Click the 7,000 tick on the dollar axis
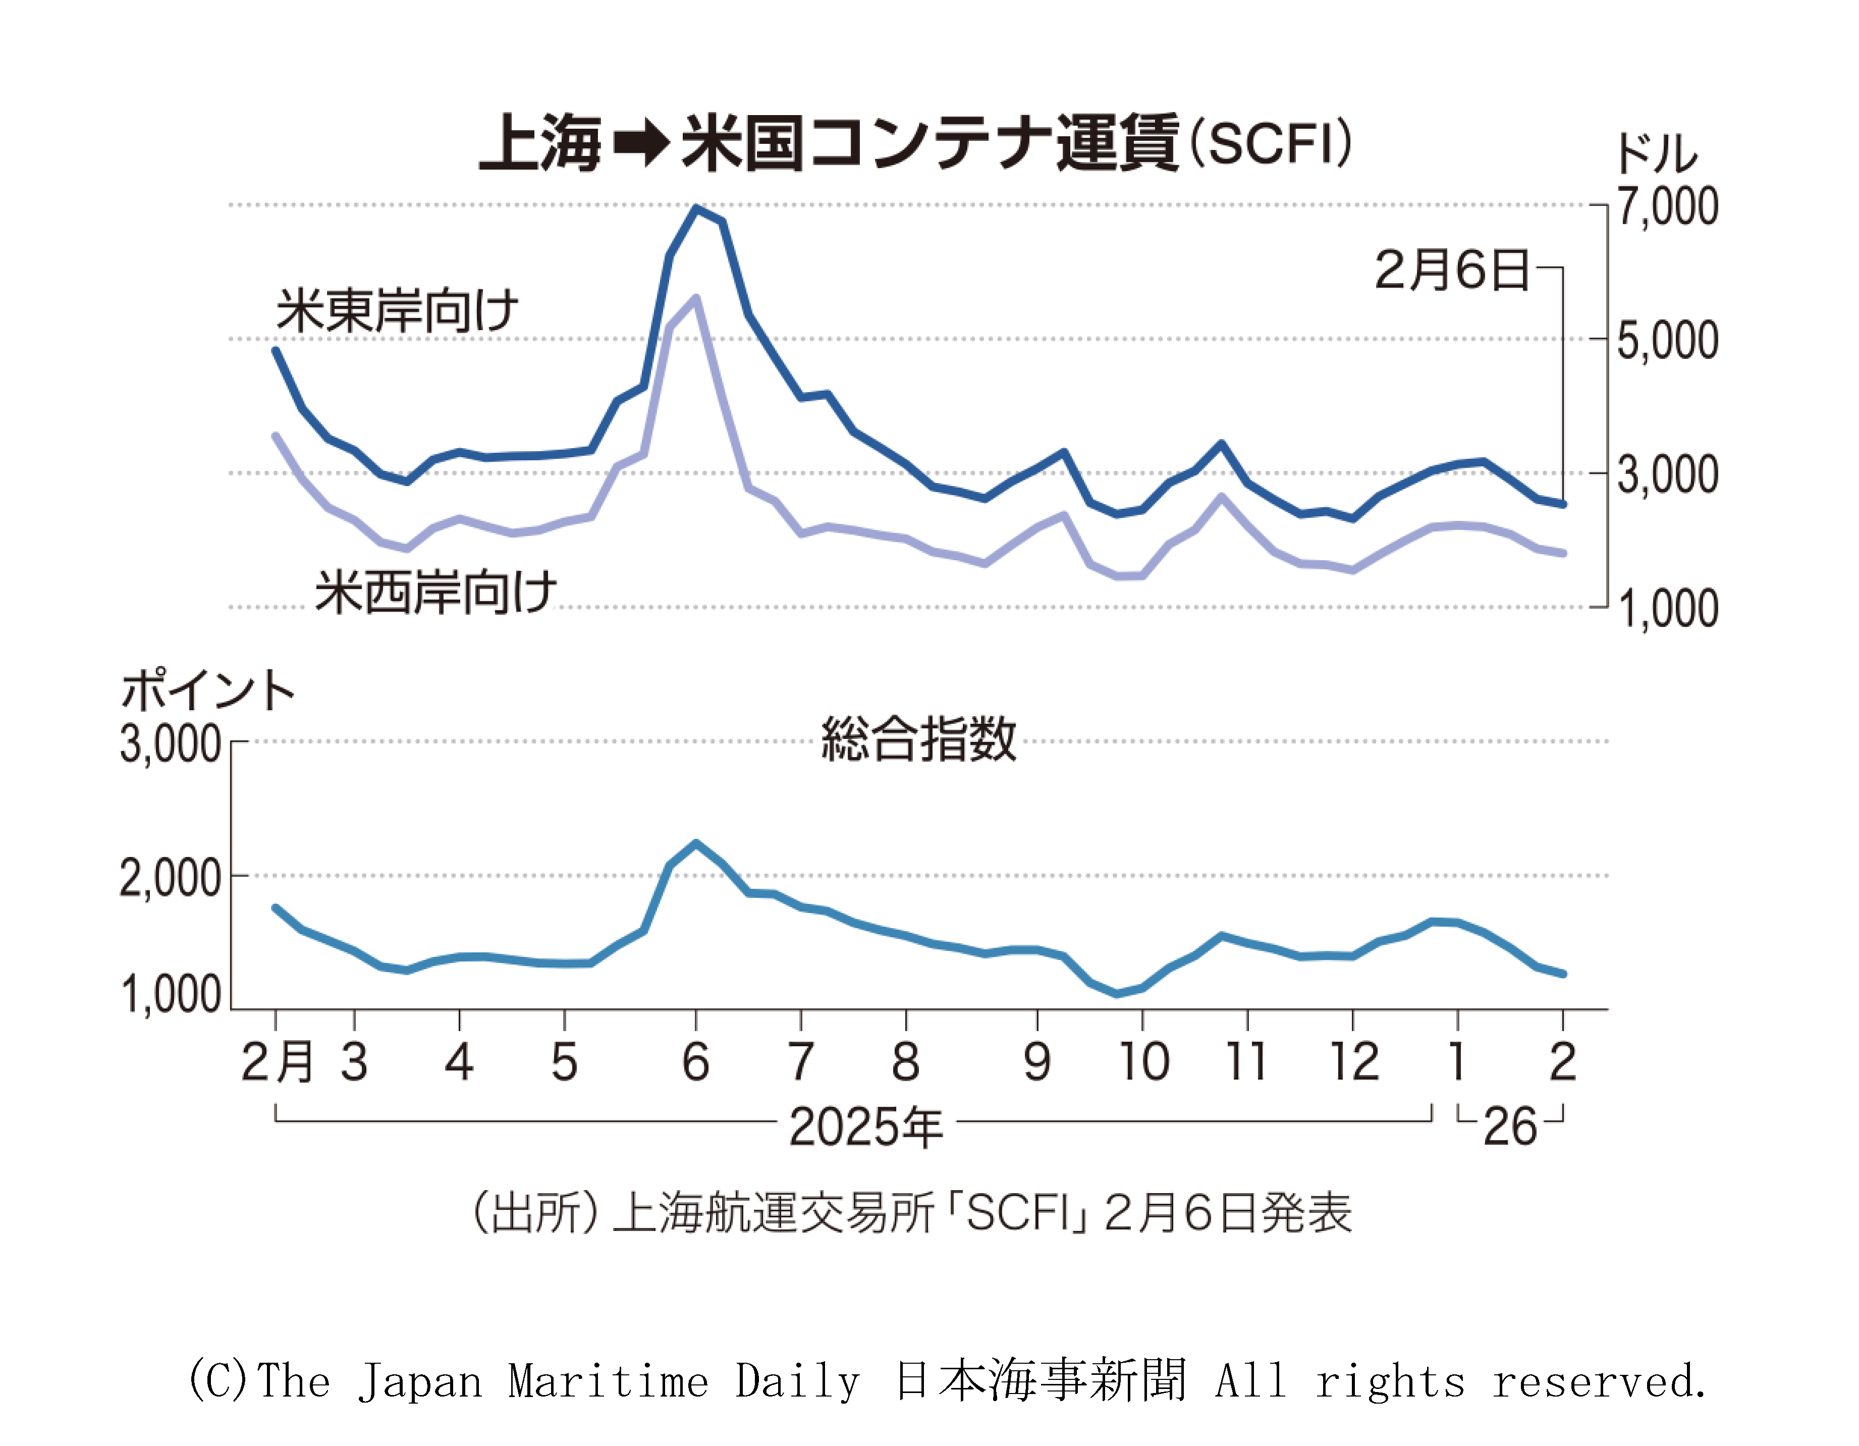click(x=1667, y=207)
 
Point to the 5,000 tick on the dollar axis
click(x=1667, y=341)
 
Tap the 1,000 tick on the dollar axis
click(x=1667, y=609)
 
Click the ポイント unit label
click(x=208, y=690)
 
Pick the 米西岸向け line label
click(x=436, y=592)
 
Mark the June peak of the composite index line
click(x=696, y=843)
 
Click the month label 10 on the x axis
click(x=1143, y=1062)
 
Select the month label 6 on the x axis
click(x=695, y=1062)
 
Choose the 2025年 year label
click(x=865, y=1127)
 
